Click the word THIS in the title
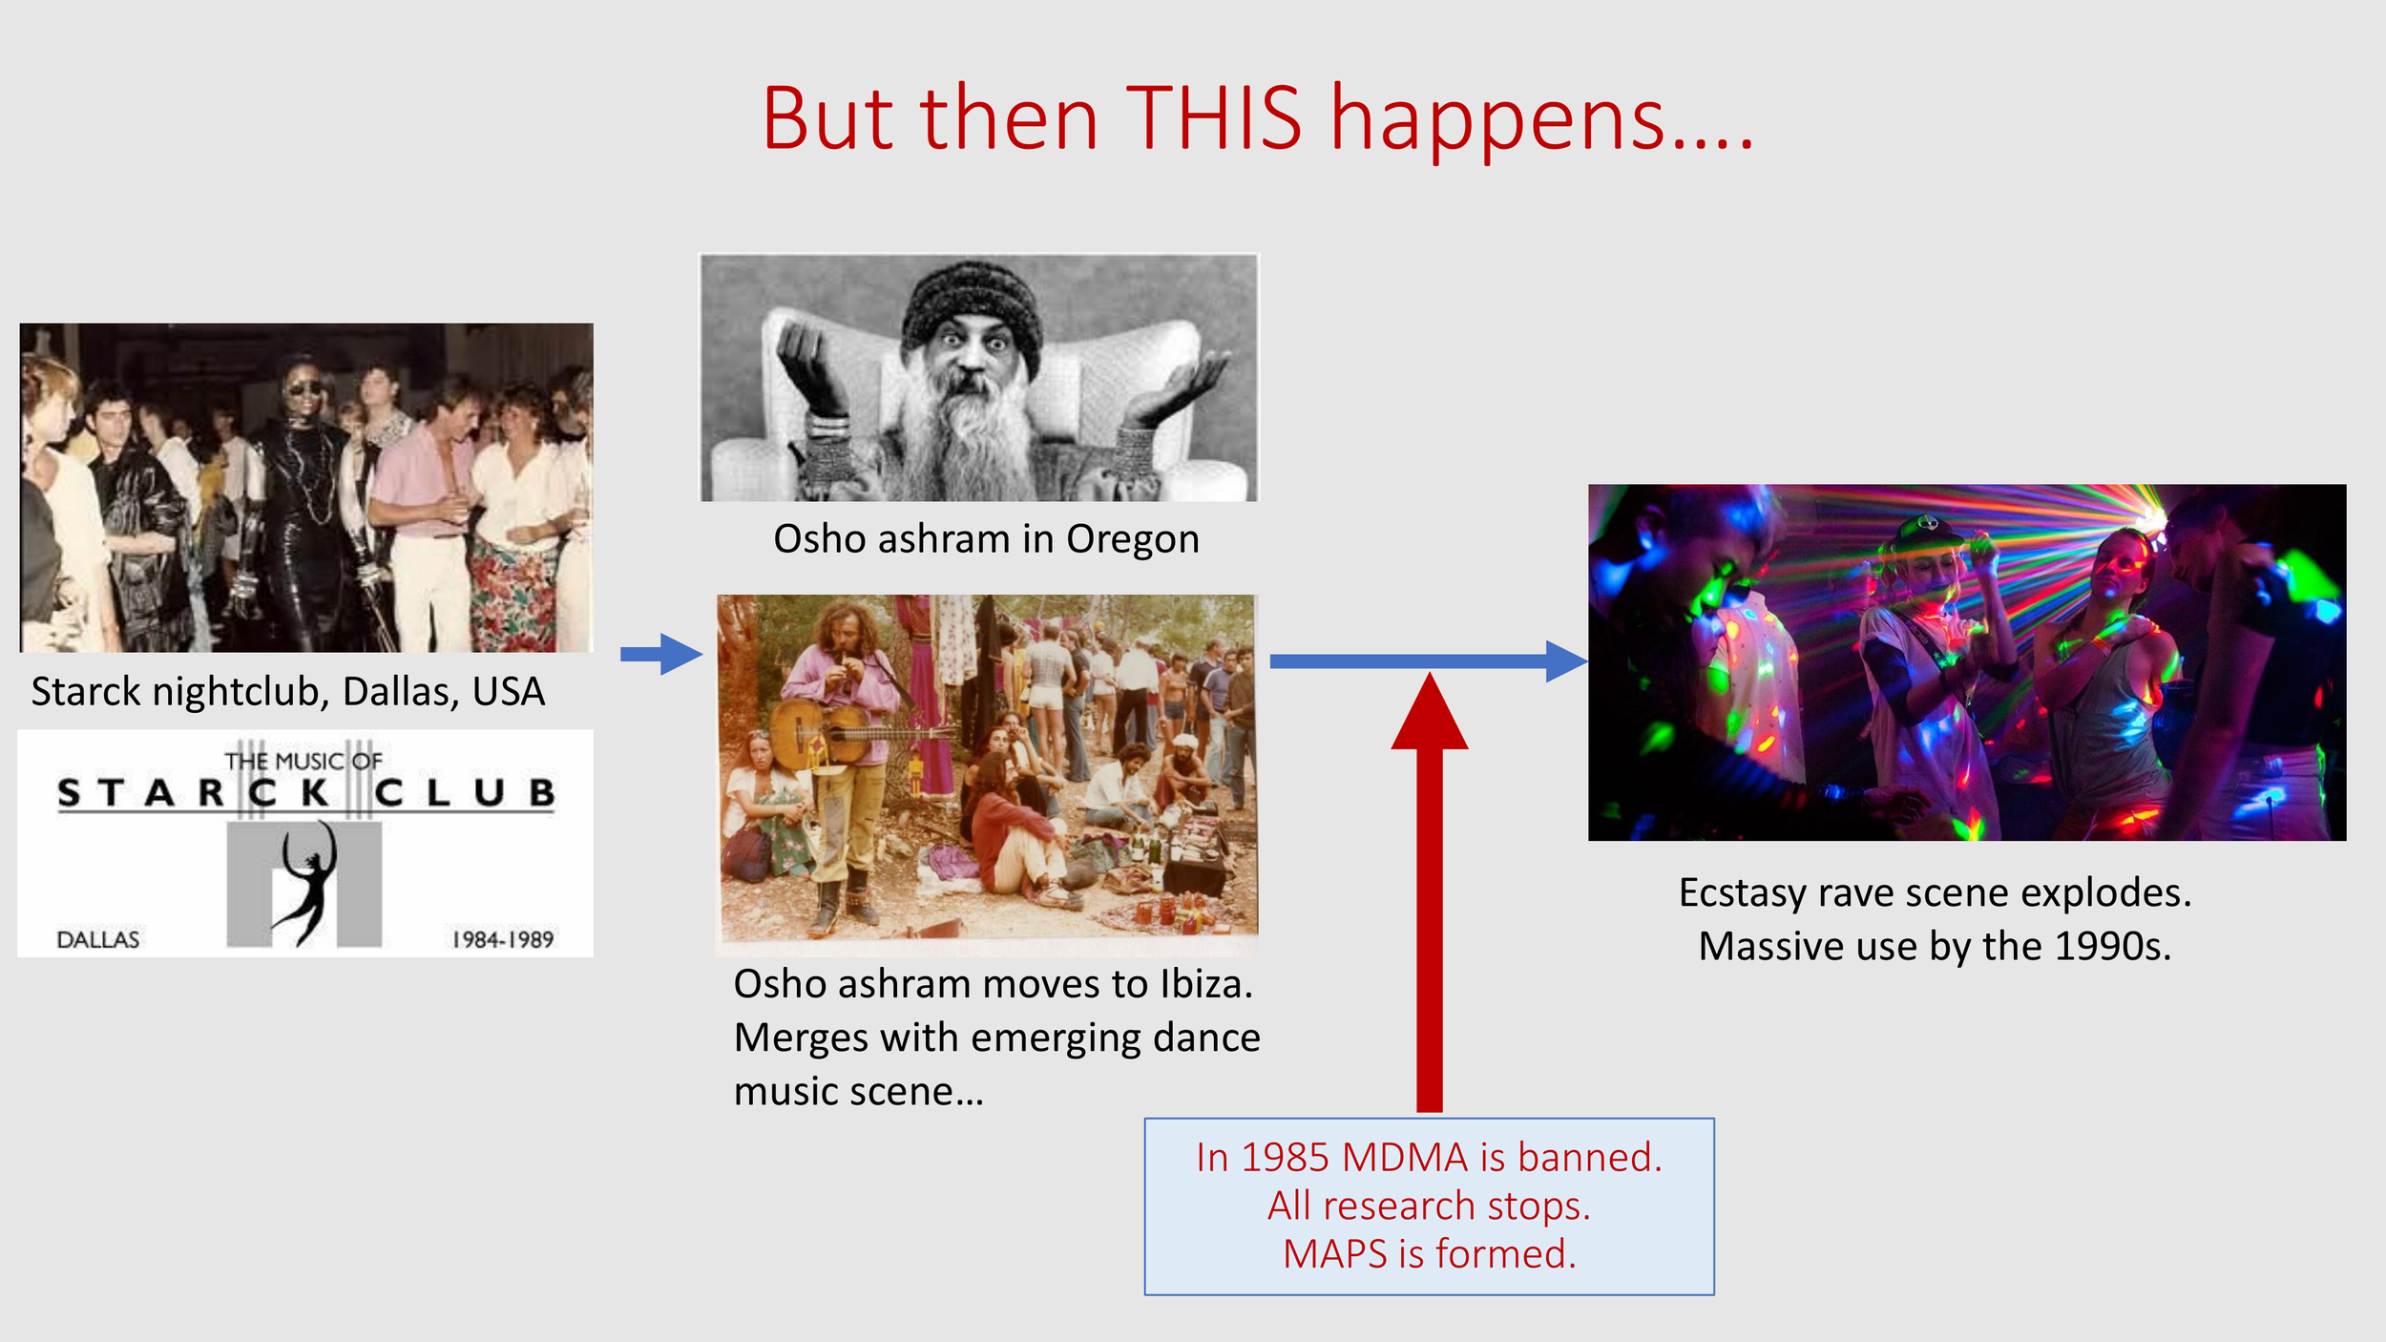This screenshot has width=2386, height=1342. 1213,118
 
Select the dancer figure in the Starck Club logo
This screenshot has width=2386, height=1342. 307,882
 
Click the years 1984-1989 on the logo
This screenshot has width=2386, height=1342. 502,940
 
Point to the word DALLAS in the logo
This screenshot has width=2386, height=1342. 97,940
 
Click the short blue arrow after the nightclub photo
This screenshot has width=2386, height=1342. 661,654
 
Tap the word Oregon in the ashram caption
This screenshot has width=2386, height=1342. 1132,539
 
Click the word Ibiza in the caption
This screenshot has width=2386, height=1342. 1205,984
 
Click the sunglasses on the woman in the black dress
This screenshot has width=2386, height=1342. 303,388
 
